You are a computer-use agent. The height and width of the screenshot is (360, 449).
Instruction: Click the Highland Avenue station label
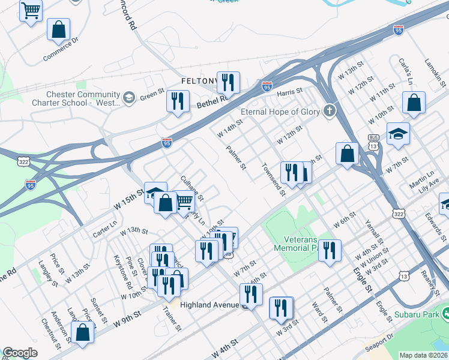click(x=204, y=305)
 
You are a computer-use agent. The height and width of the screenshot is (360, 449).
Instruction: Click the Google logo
click(x=20, y=353)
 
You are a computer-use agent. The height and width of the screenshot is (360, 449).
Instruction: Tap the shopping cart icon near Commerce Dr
click(x=31, y=10)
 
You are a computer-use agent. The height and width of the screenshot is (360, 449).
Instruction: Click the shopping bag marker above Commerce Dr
click(x=58, y=29)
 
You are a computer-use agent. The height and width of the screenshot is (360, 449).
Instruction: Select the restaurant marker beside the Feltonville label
click(x=228, y=82)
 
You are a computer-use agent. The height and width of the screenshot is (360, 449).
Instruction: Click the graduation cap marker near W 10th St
click(x=398, y=134)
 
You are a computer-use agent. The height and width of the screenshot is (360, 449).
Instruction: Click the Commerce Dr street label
click(x=61, y=50)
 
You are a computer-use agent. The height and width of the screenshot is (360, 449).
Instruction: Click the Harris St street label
click(x=289, y=93)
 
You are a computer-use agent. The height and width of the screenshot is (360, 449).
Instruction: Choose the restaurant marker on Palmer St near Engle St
click(x=329, y=250)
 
